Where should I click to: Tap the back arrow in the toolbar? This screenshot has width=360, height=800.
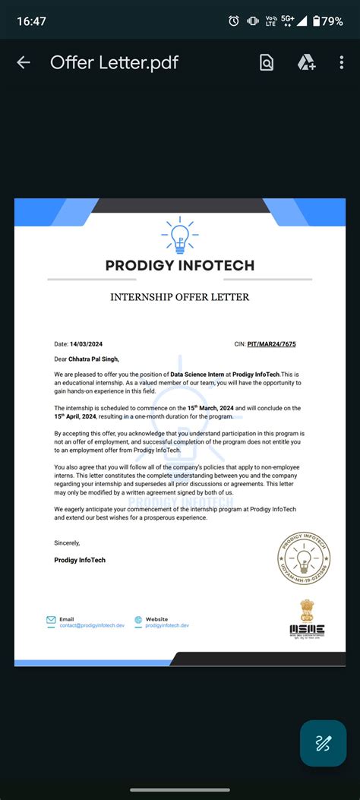click(24, 62)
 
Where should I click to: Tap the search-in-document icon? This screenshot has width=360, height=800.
click(267, 62)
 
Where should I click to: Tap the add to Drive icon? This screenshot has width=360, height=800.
click(306, 62)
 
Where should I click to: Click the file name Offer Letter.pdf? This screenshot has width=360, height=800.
click(114, 62)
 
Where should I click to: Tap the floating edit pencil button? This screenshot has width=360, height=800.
click(323, 743)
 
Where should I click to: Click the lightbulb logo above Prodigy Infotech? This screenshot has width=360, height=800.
click(180, 236)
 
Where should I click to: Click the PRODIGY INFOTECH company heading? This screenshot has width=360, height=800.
click(180, 266)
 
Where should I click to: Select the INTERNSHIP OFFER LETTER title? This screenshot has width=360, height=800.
click(180, 297)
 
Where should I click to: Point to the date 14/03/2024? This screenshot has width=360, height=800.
click(85, 344)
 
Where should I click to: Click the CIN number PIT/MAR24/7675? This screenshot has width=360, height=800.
click(272, 344)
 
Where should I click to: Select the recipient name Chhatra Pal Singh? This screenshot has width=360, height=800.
click(94, 359)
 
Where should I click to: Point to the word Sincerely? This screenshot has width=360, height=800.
click(67, 542)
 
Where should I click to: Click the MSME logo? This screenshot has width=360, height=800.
click(307, 617)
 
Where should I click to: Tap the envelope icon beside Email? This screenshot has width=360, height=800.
click(51, 620)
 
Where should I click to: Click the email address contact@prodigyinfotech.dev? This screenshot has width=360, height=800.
click(91, 625)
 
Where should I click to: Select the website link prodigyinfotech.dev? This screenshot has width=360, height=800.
click(167, 625)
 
